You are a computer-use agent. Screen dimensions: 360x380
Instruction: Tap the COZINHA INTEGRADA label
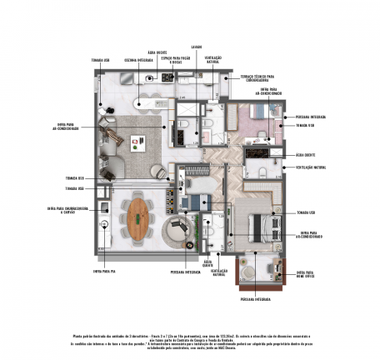click(x=132, y=59)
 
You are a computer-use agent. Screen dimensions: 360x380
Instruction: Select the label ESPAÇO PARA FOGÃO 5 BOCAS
click(x=177, y=61)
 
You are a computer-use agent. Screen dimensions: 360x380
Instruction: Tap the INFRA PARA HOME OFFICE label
click(x=307, y=273)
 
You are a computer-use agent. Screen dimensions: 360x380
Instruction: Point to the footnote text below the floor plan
click(x=189, y=333)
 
